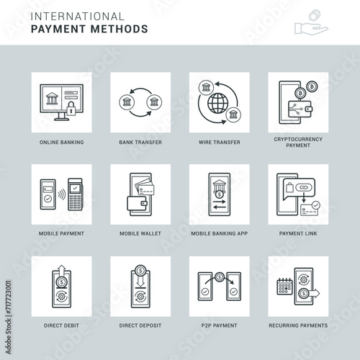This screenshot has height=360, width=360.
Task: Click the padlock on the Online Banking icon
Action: (x=71, y=109)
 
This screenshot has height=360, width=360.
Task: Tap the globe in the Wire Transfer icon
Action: (x=218, y=103)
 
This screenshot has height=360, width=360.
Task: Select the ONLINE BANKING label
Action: (x=62, y=143)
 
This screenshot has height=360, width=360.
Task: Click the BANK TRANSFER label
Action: (x=140, y=143)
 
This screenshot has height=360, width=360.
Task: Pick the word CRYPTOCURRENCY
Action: (x=298, y=139)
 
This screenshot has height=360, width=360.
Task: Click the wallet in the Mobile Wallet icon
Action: (x=137, y=204)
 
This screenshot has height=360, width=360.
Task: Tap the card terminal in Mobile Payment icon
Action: (x=75, y=194)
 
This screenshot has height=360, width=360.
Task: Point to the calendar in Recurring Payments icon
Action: (x=285, y=287)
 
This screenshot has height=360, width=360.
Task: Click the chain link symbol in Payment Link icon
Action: (x=304, y=187)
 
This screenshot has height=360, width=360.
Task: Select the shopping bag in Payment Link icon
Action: (x=289, y=187)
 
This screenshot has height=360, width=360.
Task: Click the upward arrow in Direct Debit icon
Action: (x=62, y=271)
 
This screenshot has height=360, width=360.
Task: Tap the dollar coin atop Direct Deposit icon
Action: (x=140, y=271)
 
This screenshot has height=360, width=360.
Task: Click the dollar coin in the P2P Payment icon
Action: (x=220, y=277)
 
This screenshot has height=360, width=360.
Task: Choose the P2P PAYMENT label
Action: (x=219, y=325)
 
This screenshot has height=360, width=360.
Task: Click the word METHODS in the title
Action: (x=120, y=29)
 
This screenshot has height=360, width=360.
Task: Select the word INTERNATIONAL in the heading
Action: (x=78, y=17)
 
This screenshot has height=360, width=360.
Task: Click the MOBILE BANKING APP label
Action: (x=220, y=233)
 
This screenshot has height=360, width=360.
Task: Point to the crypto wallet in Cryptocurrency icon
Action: (x=300, y=109)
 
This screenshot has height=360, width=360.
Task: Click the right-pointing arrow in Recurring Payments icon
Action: (x=314, y=293)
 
